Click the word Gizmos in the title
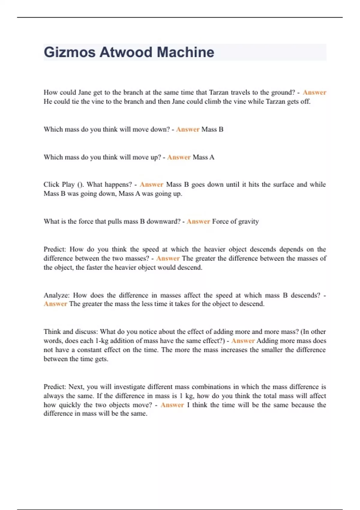(70, 52)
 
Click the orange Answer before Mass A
(179, 157)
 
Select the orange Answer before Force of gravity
(198, 221)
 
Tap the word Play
(68, 184)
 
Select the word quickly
(70, 405)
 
